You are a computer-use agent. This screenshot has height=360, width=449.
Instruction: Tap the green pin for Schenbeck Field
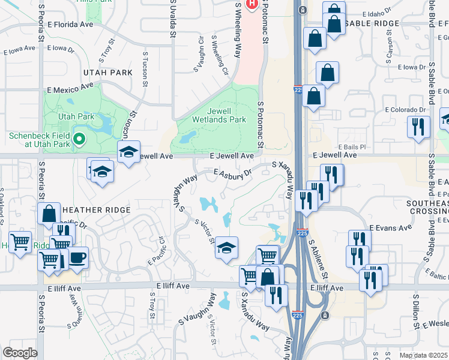[x=79, y=140]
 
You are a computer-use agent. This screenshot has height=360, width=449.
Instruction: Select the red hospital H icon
[x=252, y=4]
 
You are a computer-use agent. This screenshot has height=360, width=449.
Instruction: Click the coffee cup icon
[x=77, y=258]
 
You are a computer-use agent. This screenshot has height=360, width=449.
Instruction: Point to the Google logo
[x=19, y=353]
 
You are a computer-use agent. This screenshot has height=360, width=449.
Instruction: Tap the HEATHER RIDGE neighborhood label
[x=96, y=209]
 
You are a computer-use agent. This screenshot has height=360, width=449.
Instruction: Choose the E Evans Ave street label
[x=390, y=227]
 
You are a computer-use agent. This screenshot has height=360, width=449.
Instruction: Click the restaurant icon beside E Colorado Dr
[x=418, y=127]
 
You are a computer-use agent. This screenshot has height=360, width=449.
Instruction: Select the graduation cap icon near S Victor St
[x=227, y=247]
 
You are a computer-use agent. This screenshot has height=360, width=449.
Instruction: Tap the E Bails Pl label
[x=352, y=146]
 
